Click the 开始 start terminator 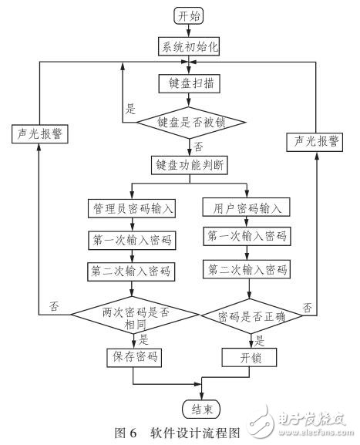(x=190, y=15)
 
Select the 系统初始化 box (x=190, y=46)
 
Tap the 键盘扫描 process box (x=190, y=81)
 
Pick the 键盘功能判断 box (x=190, y=164)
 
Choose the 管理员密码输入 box (x=133, y=207)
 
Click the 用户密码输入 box (x=246, y=207)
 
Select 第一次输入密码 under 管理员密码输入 (x=133, y=239)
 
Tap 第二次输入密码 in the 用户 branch (x=246, y=270)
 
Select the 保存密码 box (x=133, y=356)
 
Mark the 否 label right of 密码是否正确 (x=307, y=308)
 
